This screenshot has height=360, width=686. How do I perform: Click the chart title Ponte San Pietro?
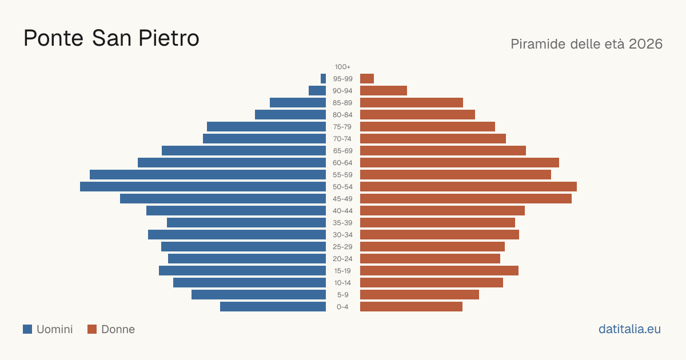[x=111, y=38]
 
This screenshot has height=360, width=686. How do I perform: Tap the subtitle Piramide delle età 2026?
[x=587, y=44]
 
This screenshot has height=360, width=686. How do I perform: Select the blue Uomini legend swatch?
[x=27, y=329]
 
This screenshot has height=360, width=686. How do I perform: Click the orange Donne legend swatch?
[x=92, y=329]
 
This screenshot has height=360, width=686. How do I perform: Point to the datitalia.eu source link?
[x=629, y=329]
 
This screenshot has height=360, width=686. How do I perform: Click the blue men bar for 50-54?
[x=203, y=187]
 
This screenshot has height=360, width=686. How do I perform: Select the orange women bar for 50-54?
[x=468, y=187]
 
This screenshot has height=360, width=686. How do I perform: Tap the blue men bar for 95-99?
[x=324, y=79]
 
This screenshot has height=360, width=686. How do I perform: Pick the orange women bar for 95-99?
[x=367, y=79]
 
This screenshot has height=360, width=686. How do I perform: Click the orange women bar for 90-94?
[x=384, y=91]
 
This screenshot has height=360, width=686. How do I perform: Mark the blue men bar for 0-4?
[x=273, y=307]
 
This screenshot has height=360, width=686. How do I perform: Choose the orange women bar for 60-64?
[x=460, y=162]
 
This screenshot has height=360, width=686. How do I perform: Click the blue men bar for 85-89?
[x=298, y=102]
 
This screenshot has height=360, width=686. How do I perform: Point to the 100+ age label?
[x=342, y=67]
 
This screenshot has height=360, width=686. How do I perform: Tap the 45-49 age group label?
[x=342, y=199]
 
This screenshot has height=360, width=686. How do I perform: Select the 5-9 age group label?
[x=342, y=295]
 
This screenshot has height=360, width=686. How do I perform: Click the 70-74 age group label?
[x=342, y=139]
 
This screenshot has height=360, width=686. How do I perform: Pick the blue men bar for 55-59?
[x=208, y=175]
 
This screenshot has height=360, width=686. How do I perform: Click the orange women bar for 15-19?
[x=439, y=271]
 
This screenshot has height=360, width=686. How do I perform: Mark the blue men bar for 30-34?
[x=237, y=235]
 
